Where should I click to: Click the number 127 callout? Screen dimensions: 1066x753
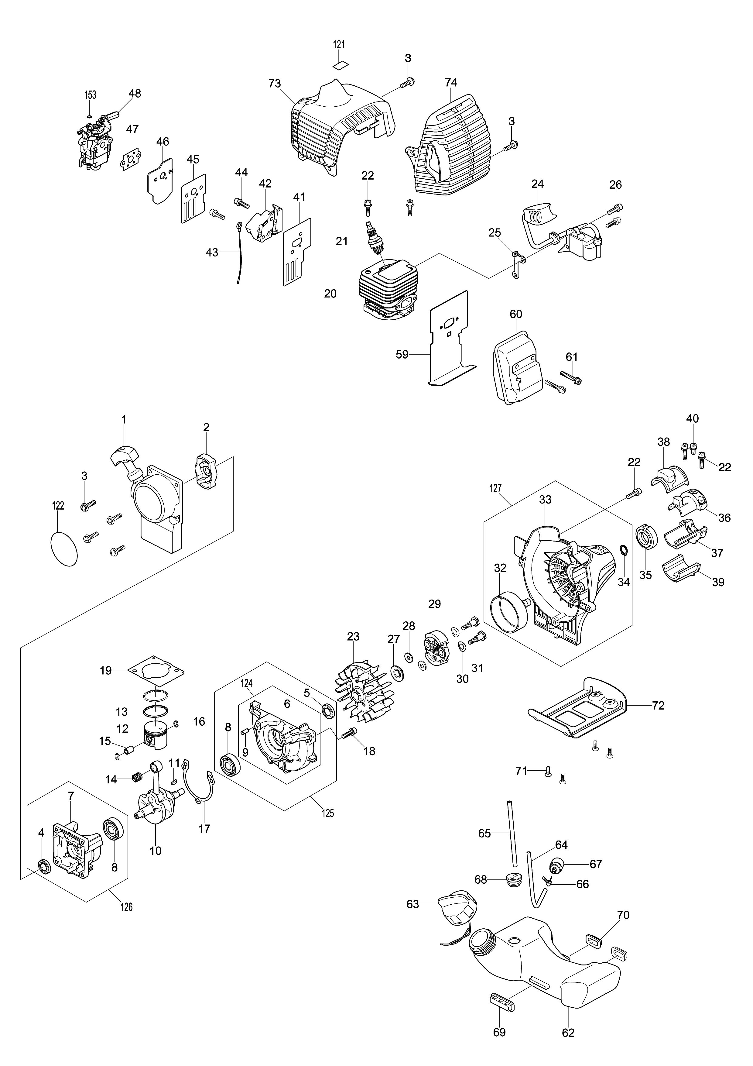click(495, 488)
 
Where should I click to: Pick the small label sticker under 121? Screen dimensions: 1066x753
click(341, 64)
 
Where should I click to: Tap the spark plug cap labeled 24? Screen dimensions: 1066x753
click(538, 215)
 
